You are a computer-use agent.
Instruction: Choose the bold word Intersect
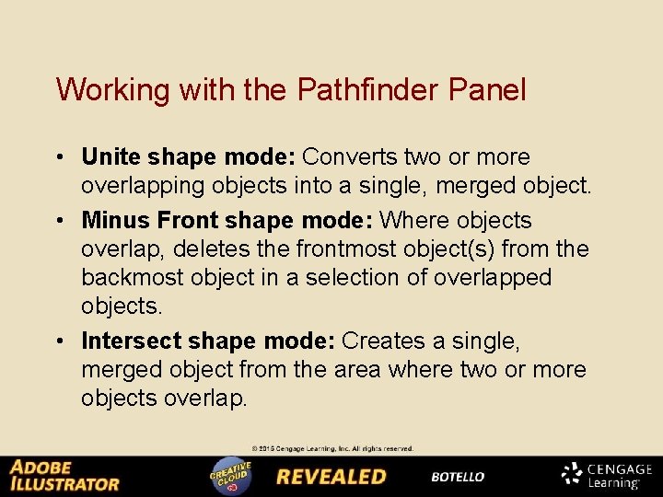tap(132, 341)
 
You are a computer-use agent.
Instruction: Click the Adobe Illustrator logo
tap(64, 475)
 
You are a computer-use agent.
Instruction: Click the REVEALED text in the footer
tap(331, 477)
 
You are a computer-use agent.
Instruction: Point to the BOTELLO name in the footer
tap(458, 478)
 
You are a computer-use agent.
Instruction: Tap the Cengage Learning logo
tap(607, 475)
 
